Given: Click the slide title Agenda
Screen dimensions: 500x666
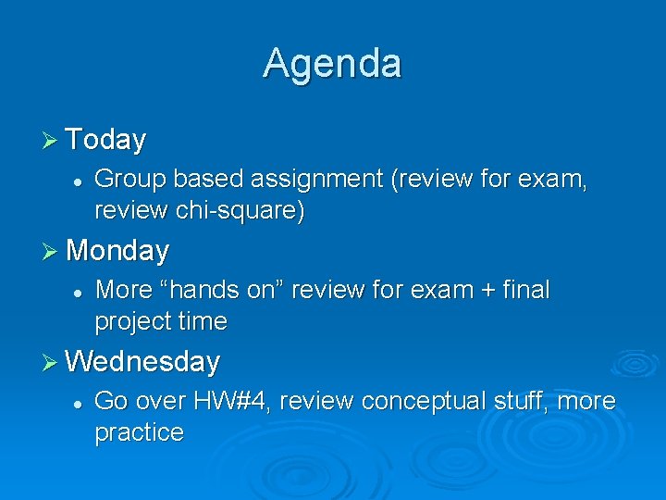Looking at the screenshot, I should pyautogui.click(x=332, y=64).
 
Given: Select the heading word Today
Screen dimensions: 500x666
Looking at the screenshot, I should pyautogui.click(x=106, y=140).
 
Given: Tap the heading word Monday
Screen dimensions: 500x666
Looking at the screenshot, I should pyautogui.click(x=117, y=251).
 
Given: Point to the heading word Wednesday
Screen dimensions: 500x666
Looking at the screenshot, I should pyautogui.click(x=143, y=361).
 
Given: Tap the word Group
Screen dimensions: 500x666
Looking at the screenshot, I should pyautogui.click(x=124, y=179).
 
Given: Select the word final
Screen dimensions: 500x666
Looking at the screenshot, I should pyautogui.click(x=526, y=290).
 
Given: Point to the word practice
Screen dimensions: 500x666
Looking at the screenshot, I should pyautogui.click(x=139, y=432).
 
